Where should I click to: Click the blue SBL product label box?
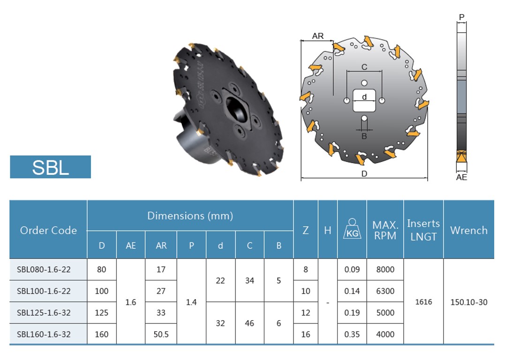50,167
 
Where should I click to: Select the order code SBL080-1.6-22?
44,270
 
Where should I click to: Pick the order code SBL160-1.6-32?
44,334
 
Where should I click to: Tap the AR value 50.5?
161,334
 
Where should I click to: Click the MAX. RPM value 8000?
385,270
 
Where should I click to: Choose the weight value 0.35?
352,334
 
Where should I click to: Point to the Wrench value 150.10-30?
469,302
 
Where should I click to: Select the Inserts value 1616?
423,302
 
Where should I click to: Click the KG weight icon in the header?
352,229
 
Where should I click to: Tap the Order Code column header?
48,230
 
